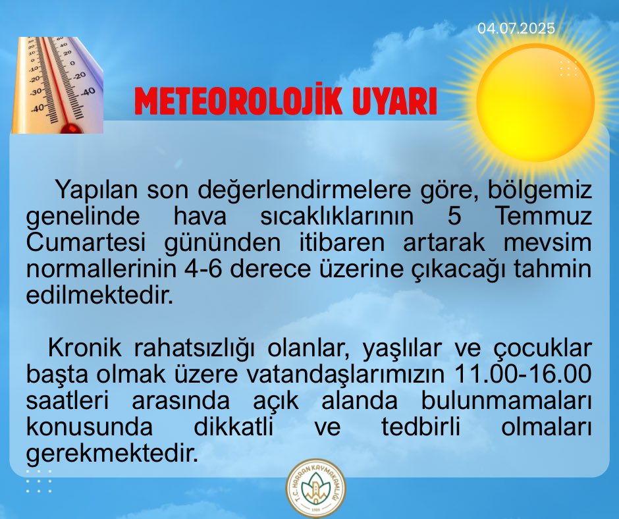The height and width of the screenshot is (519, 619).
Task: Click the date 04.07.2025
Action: (x=516, y=29)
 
